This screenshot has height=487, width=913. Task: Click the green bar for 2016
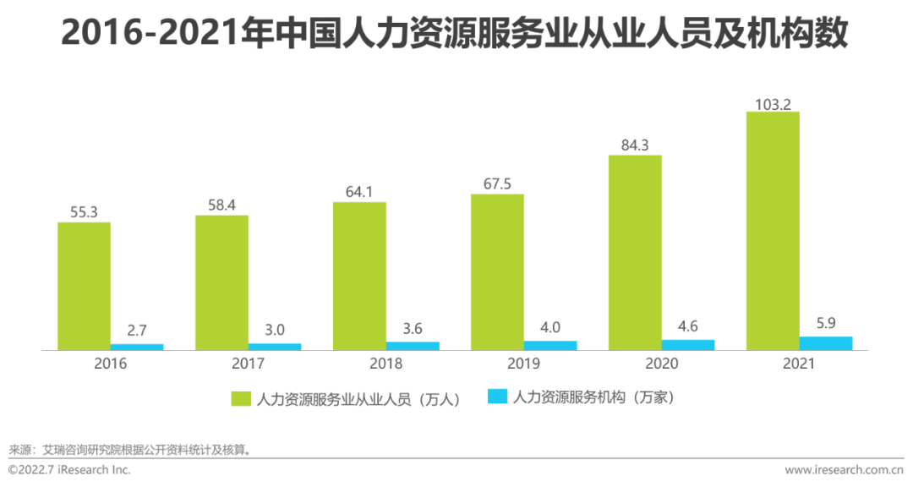[84, 286]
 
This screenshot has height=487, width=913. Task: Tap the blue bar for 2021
[826, 342]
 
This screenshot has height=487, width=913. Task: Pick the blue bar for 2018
[413, 345]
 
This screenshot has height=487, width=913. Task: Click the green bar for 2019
[497, 271]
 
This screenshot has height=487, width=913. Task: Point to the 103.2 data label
[773, 103]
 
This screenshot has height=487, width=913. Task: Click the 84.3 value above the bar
[635, 145]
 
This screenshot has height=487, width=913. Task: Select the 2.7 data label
[137, 328]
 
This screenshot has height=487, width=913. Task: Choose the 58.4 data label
[221, 205]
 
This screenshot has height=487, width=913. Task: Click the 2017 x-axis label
[248, 364]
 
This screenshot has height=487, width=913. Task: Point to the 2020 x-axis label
[661, 364]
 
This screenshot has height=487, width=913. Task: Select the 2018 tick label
[385, 364]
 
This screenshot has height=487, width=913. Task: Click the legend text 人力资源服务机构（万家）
[593, 398]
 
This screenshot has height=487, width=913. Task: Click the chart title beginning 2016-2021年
[455, 33]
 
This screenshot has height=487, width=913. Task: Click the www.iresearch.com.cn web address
[844, 470]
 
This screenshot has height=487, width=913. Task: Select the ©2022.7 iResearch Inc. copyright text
[69, 470]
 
